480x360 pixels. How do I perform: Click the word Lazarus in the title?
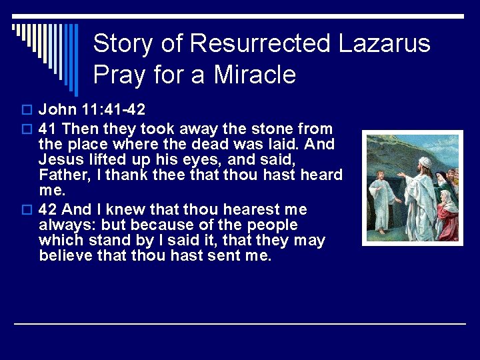pos(385,44)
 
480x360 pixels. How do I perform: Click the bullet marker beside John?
pos(27,109)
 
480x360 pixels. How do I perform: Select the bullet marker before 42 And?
pos(27,209)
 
